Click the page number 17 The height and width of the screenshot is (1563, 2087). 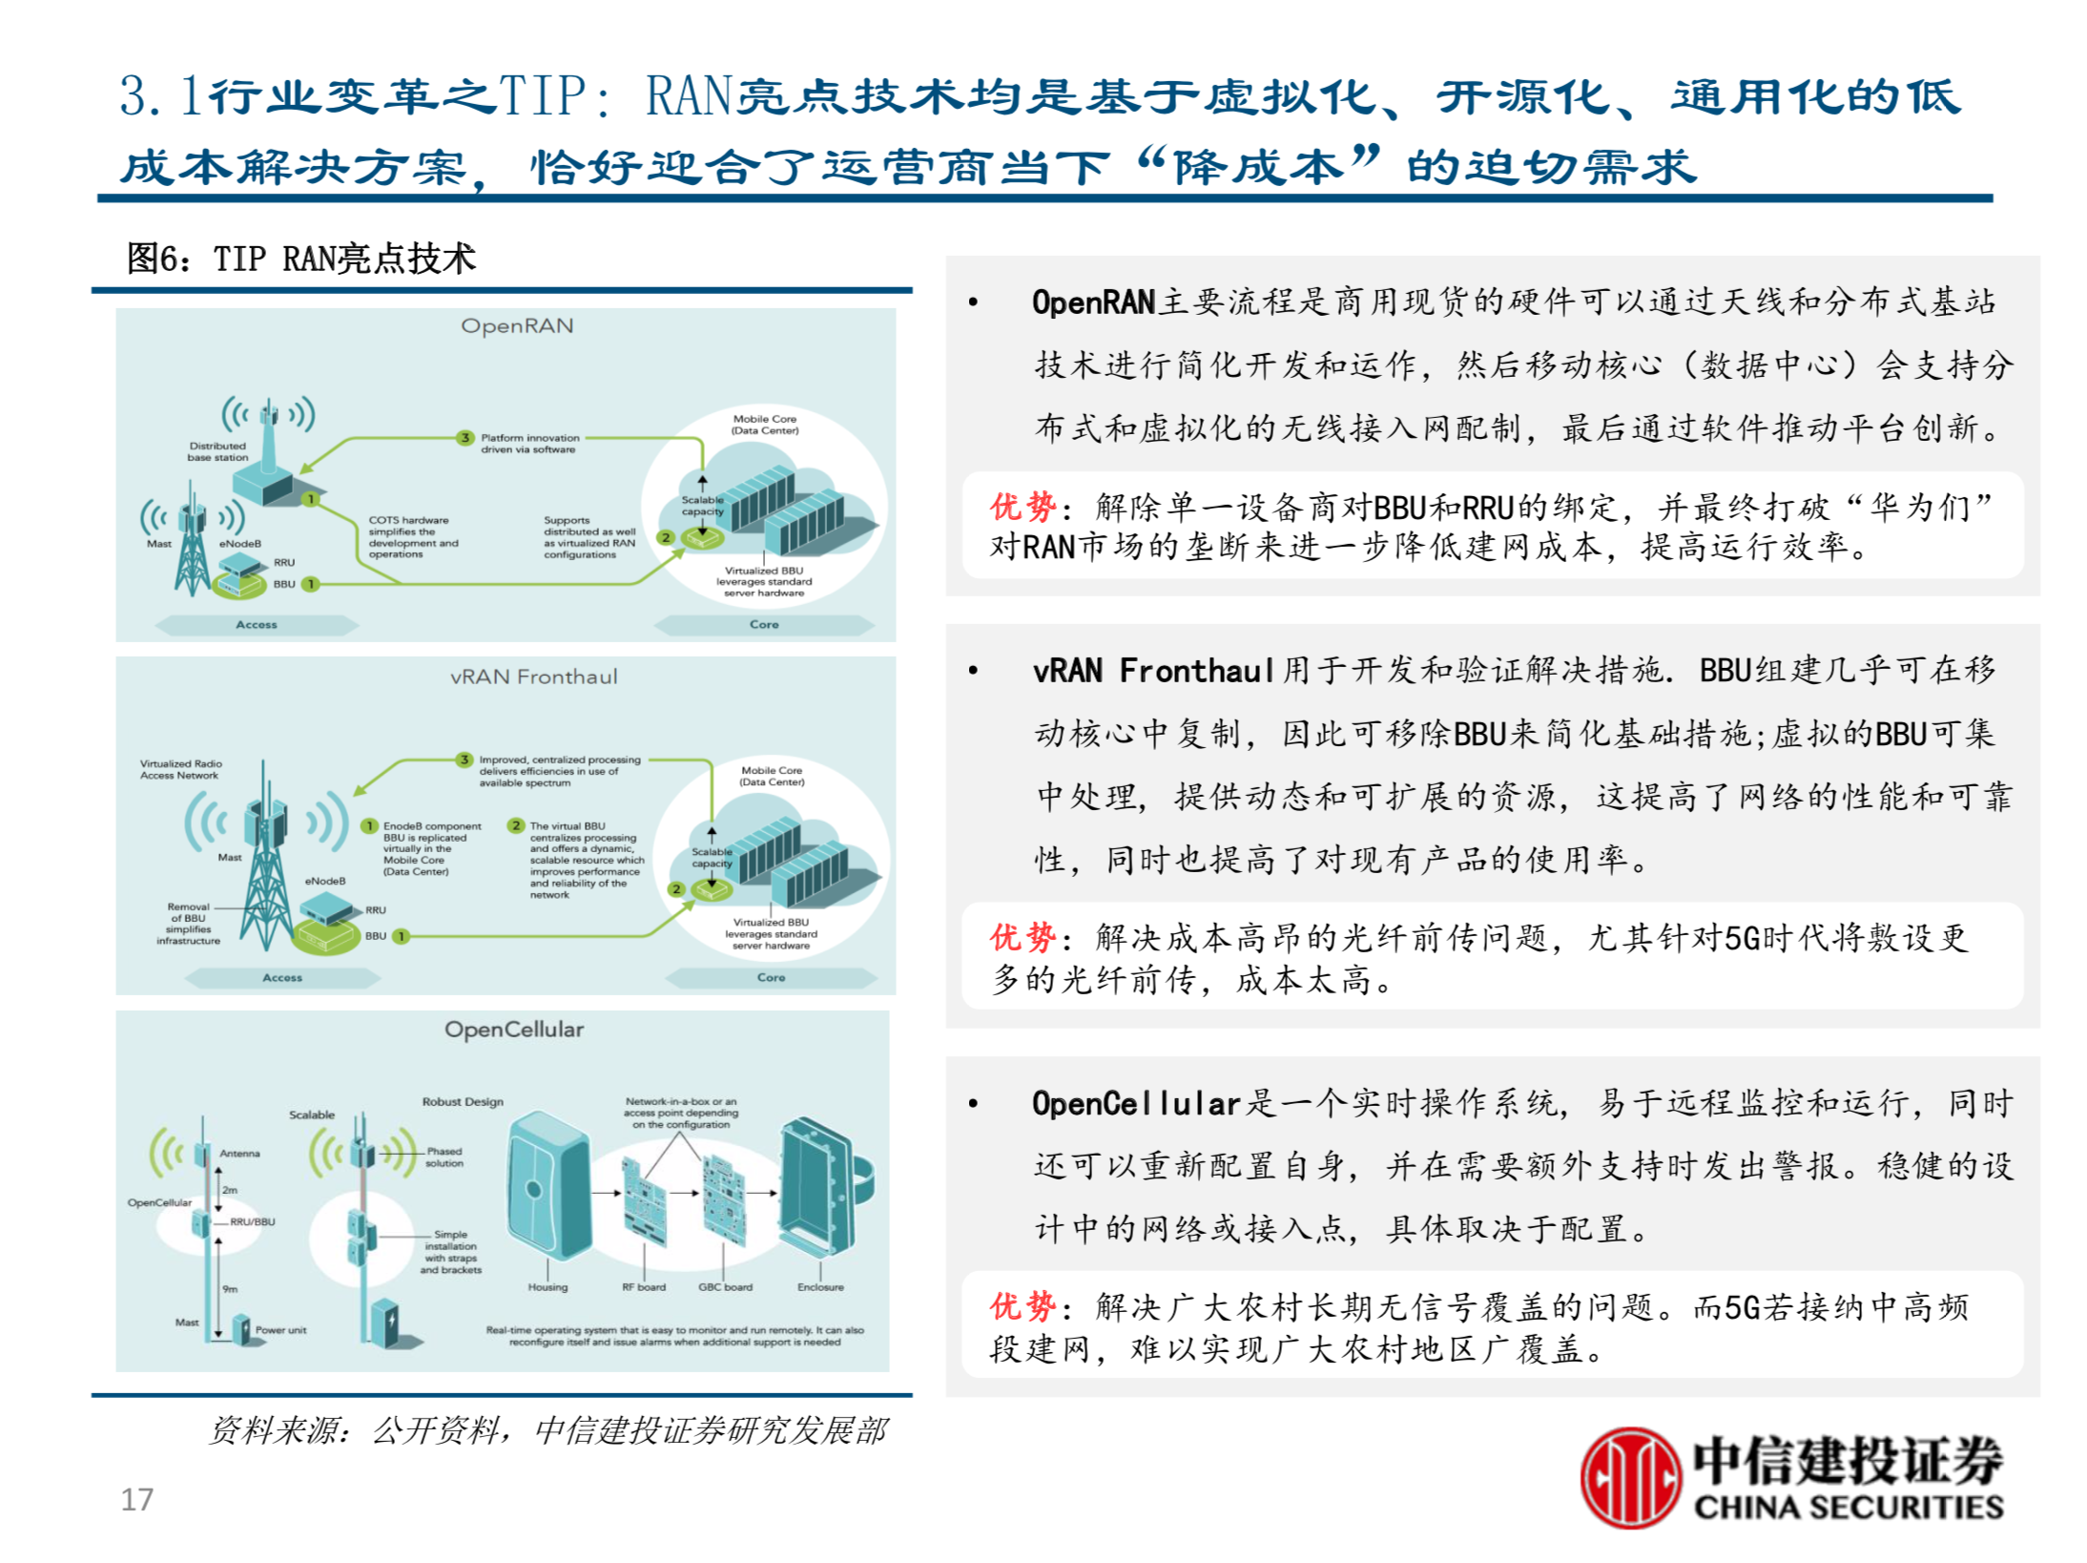coord(136,1498)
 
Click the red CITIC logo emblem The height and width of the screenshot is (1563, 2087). coord(1629,1477)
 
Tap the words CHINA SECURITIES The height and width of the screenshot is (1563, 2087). coord(1848,1507)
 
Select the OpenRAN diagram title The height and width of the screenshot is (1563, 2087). coord(517,326)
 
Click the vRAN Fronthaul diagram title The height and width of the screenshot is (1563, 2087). coord(533,677)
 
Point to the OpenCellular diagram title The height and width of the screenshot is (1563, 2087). coord(514,1030)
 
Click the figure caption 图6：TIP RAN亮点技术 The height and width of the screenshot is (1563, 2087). coord(301,259)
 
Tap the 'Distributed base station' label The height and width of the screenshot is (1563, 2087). coord(217,451)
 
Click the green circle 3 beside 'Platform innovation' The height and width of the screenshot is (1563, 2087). coord(465,438)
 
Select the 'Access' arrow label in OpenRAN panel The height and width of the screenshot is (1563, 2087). coord(257,625)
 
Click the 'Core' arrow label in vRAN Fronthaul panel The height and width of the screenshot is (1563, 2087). coord(771,978)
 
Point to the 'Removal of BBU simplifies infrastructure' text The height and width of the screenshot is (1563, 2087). coord(188,924)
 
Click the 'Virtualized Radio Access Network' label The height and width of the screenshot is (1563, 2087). coord(180,769)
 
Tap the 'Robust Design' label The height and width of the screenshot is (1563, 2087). coord(463,1101)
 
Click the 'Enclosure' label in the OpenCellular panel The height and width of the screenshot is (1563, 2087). coord(820,1287)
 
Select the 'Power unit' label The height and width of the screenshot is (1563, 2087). coord(280,1329)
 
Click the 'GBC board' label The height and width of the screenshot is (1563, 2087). coord(725,1287)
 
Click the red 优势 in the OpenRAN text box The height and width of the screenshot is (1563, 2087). coord(1022,507)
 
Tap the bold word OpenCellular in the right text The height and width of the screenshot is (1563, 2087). coord(1135,1104)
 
